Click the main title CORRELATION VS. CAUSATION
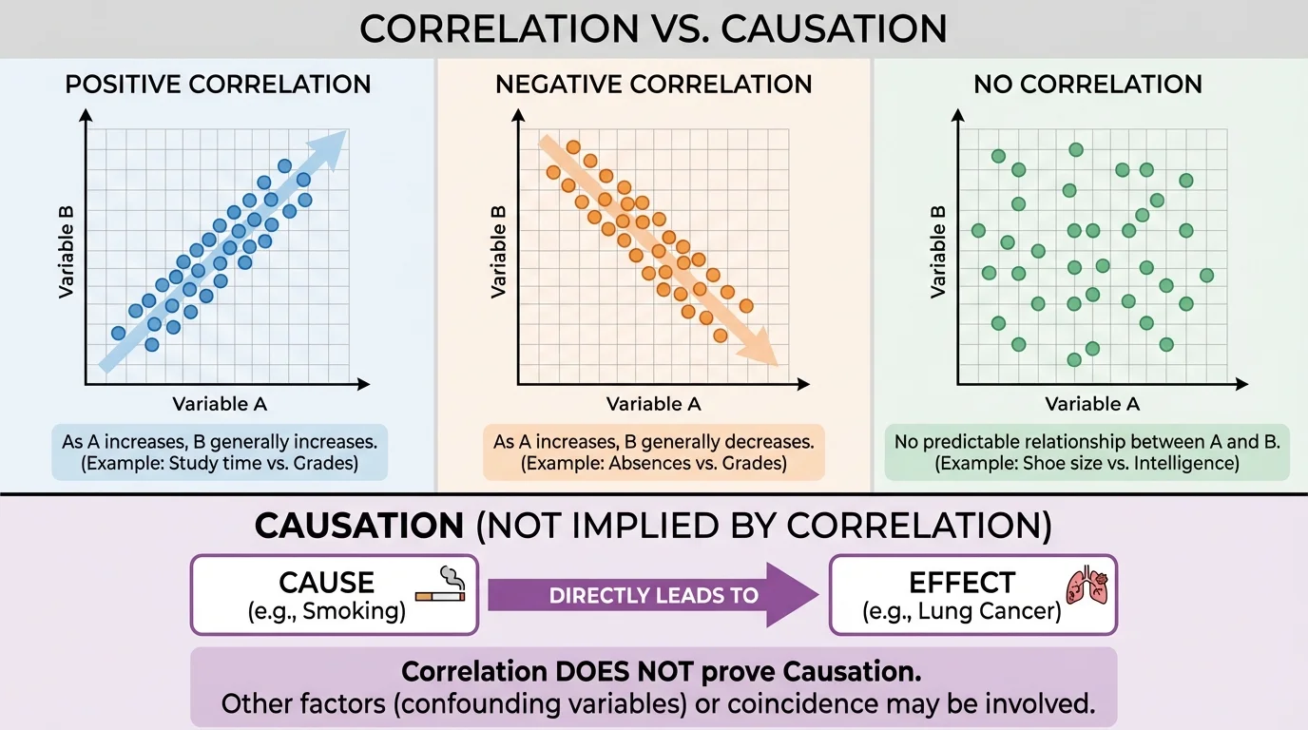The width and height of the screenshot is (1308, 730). [653, 29]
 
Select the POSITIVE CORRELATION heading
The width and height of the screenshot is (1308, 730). [218, 84]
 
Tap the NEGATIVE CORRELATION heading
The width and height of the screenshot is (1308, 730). [653, 84]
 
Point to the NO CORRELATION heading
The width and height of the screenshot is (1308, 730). [1087, 84]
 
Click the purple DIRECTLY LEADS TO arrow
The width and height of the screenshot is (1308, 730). [653, 596]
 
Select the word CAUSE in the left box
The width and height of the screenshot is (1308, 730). [326, 582]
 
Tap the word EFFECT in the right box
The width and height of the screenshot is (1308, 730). [962, 582]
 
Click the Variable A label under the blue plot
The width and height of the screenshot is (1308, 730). [220, 404]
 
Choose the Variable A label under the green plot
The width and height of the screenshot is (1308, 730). [1092, 404]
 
